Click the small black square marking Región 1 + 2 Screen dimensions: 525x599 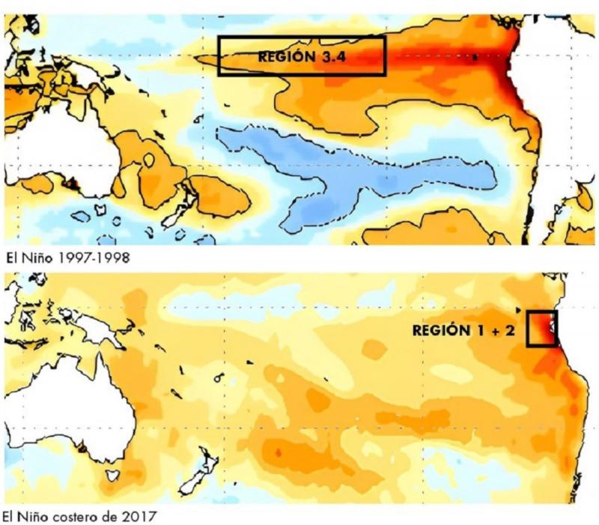coord(541,328)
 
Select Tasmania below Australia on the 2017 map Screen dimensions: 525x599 coord(114,475)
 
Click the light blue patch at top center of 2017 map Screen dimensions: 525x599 coord(225,300)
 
